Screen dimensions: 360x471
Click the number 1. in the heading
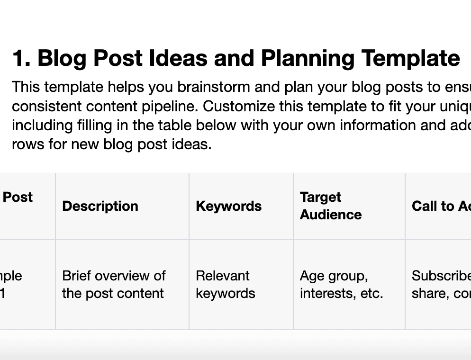tap(21, 58)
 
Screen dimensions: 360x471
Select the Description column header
tap(100, 206)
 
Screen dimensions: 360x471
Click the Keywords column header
tap(228, 206)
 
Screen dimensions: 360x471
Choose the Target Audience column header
tap(330, 206)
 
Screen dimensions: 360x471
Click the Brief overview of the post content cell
tap(114, 284)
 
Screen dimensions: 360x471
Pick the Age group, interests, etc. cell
tap(341, 284)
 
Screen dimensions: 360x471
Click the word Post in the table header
tap(18, 197)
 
